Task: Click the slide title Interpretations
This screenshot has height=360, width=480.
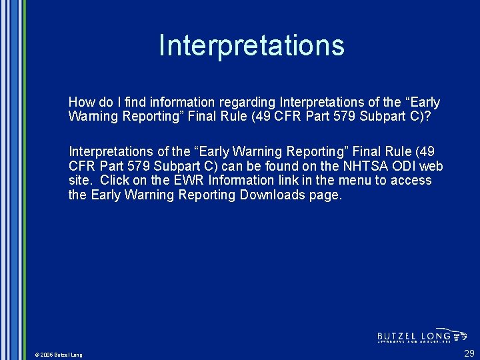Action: pyautogui.click(x=251, y=45)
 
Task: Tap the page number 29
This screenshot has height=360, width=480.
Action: pyautogui.click(x=469, y=353)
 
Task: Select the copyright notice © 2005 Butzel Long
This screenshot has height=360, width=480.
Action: pyautogui.click(x=59, y=355)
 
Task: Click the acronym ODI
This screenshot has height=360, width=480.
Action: pyautogui.click(x=403, y=166)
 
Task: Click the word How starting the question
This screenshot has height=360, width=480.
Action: pyautogui.click(x=81, y=103)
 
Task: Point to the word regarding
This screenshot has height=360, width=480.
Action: pyautogui.click(x=247, y=103)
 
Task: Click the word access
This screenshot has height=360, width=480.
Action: pyautogui.click(x=411, y=181)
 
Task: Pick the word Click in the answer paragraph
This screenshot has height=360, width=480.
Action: pyautogui.click(x=115, y=181)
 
